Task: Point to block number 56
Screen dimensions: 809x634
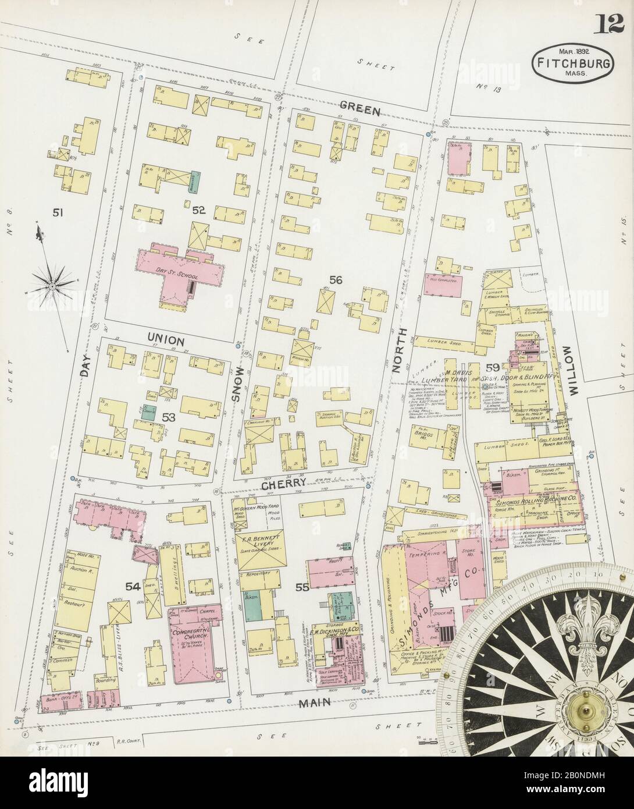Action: click(x=336, y=281)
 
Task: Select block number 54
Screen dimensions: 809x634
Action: click(x=133, y=587)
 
